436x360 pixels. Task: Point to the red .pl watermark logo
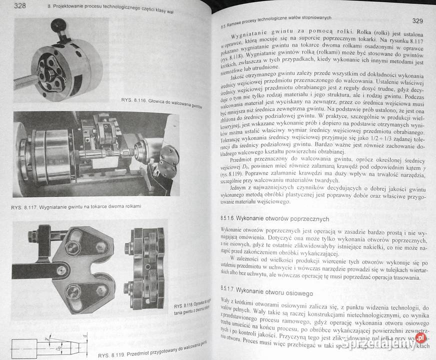[x=421, y=338]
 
